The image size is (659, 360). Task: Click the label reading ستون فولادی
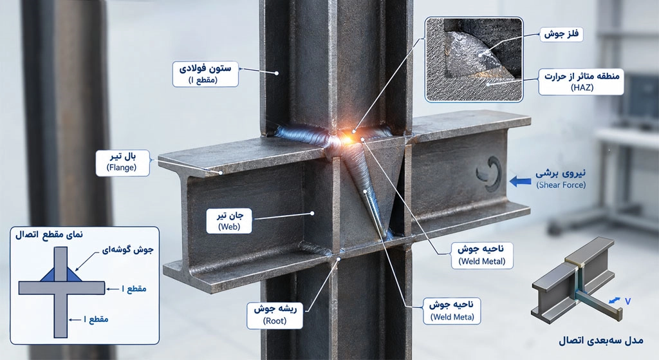pos(205,74)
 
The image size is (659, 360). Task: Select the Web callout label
pos(230,221)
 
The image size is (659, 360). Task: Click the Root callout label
pos(275,314)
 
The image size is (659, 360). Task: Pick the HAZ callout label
pos(581,82)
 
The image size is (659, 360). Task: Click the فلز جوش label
pos(561,35)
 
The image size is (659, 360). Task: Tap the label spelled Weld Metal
pos(481,255)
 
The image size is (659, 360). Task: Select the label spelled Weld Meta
pos(452,311)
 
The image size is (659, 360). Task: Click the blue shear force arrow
pos(519,181)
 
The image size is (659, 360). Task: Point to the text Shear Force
pos(561,185)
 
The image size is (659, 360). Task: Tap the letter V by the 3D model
pos(628,301)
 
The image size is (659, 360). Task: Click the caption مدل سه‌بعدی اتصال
pos(601,340)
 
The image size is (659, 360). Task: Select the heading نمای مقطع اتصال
pos(49,234)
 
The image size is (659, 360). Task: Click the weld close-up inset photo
pos(474,59)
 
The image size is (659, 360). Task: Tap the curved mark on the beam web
pos(490,173)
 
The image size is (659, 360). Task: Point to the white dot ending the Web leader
pos(312,213)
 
